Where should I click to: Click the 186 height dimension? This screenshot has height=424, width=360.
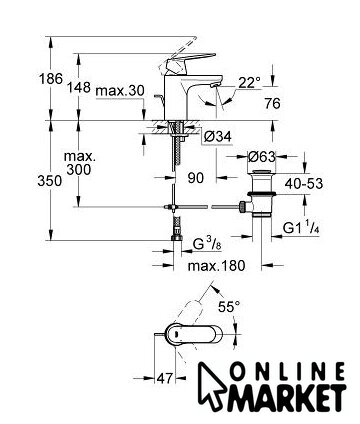tap(51, 79)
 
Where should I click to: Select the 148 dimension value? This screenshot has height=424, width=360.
tap(79, 88)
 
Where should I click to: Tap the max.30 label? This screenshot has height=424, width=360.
tap(120, 91)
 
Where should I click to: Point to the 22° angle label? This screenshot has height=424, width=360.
tap(248, 83)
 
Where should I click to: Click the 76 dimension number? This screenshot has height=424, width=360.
tap(273, 104)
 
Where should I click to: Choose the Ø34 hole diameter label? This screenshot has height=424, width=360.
tap(217, 137)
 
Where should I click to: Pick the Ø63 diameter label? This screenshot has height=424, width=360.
tap(262, 156)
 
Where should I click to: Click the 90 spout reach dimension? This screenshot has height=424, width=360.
tap(195, 178)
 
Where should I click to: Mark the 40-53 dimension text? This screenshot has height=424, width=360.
tap(304, 184)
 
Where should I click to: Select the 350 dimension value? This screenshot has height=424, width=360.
tap(50, 181)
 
